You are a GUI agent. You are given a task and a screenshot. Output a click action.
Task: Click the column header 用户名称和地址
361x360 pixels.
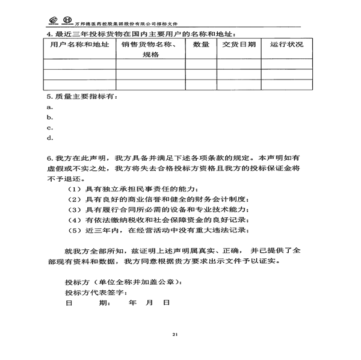79,45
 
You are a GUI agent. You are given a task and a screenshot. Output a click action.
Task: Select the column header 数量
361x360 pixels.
201,45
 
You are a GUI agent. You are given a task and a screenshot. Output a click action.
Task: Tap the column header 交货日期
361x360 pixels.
238,45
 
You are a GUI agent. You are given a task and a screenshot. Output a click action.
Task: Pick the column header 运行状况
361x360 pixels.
286,45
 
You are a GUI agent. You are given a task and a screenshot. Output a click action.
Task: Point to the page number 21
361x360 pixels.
174,334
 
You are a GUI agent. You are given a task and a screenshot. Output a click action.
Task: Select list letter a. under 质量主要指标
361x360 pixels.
50,107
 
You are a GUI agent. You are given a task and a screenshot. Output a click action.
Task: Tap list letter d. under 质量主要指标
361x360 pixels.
50,138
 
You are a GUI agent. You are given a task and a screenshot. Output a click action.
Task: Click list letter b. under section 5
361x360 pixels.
50,117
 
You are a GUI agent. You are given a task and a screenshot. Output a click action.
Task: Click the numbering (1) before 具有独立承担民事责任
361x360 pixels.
76,189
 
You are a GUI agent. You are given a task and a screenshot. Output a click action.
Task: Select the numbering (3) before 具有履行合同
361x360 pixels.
76,209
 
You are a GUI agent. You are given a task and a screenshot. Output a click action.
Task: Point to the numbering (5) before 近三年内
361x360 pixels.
76,230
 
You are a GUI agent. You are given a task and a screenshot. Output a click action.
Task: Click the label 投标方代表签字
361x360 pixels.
95,293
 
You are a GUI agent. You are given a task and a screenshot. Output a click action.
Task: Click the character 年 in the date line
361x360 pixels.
133,303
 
